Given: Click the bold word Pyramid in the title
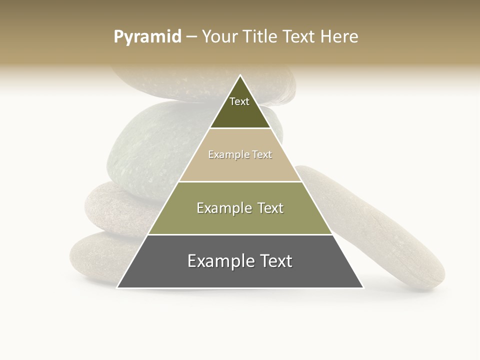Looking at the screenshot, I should [147, 36].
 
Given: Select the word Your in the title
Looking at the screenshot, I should [219, 36].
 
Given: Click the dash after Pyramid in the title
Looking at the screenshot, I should [191, 37].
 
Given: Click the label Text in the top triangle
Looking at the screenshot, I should [239, 101].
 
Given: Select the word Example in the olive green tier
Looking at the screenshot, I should [223, 208].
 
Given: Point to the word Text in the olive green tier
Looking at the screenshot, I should [271, 208].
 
